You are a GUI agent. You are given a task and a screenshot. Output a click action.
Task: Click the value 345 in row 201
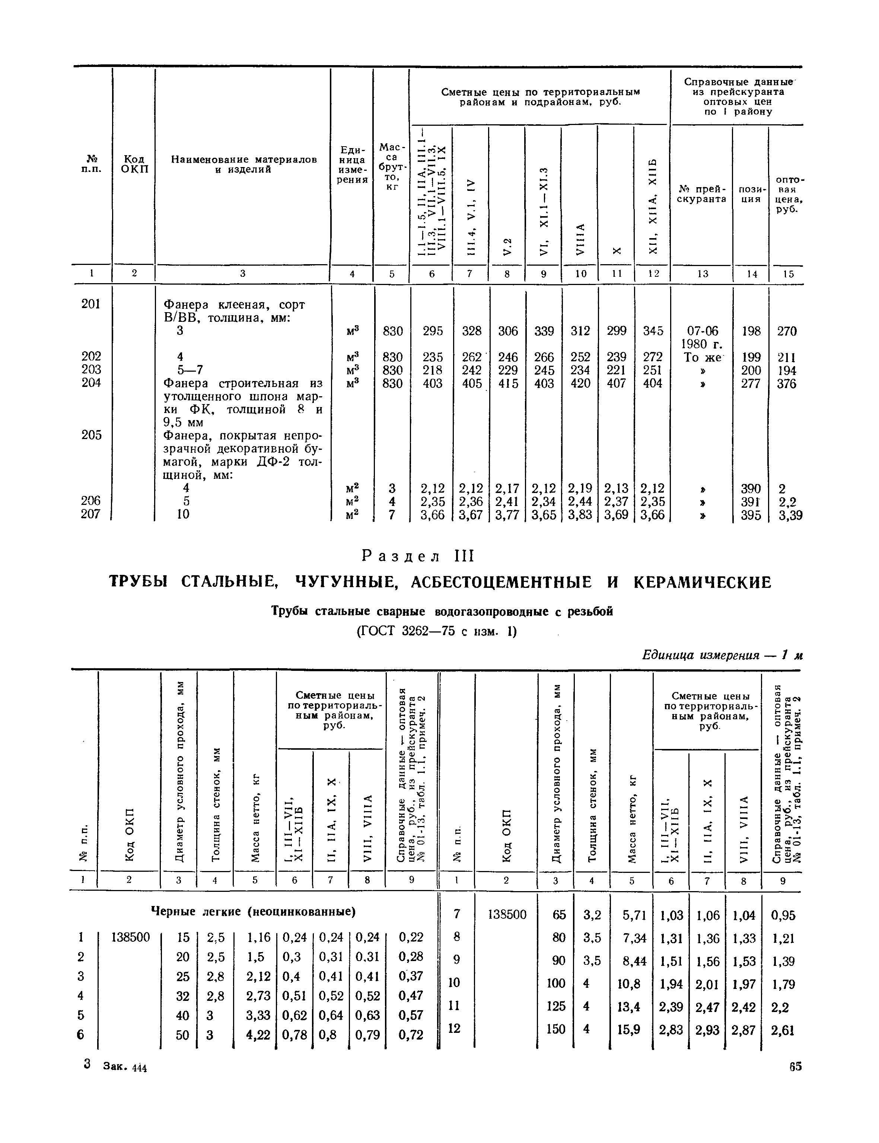click(652, 331)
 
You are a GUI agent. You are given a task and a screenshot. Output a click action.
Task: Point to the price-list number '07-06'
click(702, 331)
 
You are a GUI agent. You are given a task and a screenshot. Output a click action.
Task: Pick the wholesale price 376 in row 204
click(786, 384)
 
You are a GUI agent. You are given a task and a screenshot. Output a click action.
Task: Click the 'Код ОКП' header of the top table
click(134, 164)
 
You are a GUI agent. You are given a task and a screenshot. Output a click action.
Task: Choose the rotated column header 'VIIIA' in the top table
click(580, 240)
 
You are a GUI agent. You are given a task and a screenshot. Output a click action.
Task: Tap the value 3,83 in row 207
click(580, 515)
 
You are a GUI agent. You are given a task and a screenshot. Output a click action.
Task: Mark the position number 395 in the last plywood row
click(751, 515)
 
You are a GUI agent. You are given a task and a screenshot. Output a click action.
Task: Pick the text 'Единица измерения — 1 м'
click(722, 655)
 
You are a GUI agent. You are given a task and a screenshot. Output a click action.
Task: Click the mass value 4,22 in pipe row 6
click(258, 1035)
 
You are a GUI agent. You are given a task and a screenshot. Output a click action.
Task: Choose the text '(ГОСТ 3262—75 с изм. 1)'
click(436, 632)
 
